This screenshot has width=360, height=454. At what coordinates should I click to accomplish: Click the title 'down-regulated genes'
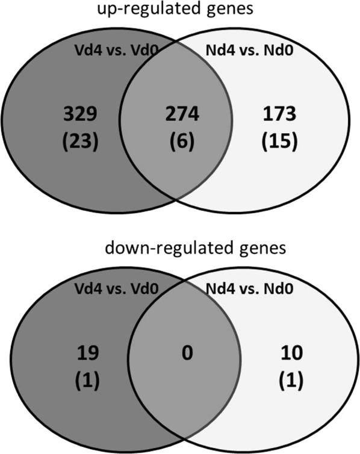click(179, 249)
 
